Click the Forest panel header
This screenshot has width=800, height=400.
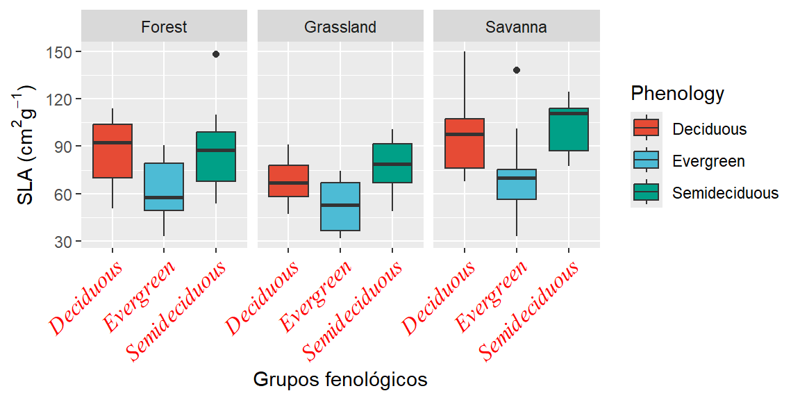(x=164, y=27)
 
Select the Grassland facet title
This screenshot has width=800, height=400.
(x=340, y=27)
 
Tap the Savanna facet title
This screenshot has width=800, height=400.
(x=516, y=27)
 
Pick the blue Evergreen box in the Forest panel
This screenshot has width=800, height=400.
(x=164, y=186)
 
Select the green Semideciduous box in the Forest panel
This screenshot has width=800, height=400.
(x=215, y=156)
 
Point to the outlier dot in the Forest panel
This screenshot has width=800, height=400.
(x=215, y=54)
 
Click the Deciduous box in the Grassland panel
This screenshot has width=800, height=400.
(x=289, y=181)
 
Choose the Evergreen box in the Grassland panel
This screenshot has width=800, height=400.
(x=340, y=206)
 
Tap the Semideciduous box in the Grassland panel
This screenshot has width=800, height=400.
(x=392, y=163)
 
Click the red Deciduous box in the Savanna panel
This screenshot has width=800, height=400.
(x=465, y=143)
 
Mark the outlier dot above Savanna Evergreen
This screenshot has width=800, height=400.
(x=516, y=70)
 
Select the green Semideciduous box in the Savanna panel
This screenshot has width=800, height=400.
(x=568, y=129)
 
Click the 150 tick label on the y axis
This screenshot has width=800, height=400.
(x=60, y=52)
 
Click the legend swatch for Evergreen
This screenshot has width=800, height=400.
(x=646, y=161)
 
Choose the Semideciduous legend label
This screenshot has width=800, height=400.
(x=725, y=193)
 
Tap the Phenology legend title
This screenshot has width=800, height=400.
(x=677, y=93)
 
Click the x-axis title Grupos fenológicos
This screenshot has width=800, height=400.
(x=340, y=380)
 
